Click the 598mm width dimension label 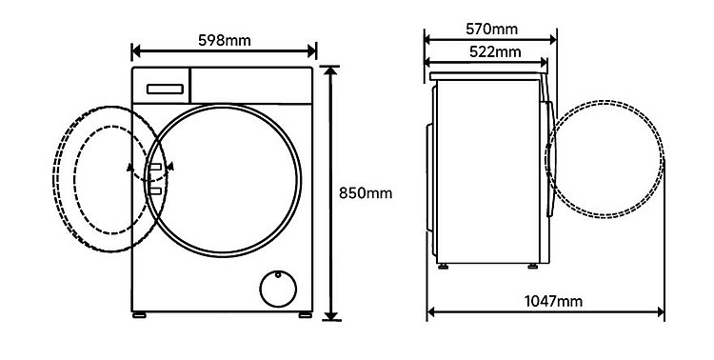coord(225,41)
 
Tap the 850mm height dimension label coord(366,193)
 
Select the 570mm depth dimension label coord(491,30)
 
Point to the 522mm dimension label coord(495,52)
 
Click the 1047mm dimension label coord(553,301)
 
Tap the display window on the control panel coord(165,89)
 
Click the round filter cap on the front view coord(278,289)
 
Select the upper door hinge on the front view coord(155,167)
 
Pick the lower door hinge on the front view coord(155,190)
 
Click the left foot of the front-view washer coord(139,315)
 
